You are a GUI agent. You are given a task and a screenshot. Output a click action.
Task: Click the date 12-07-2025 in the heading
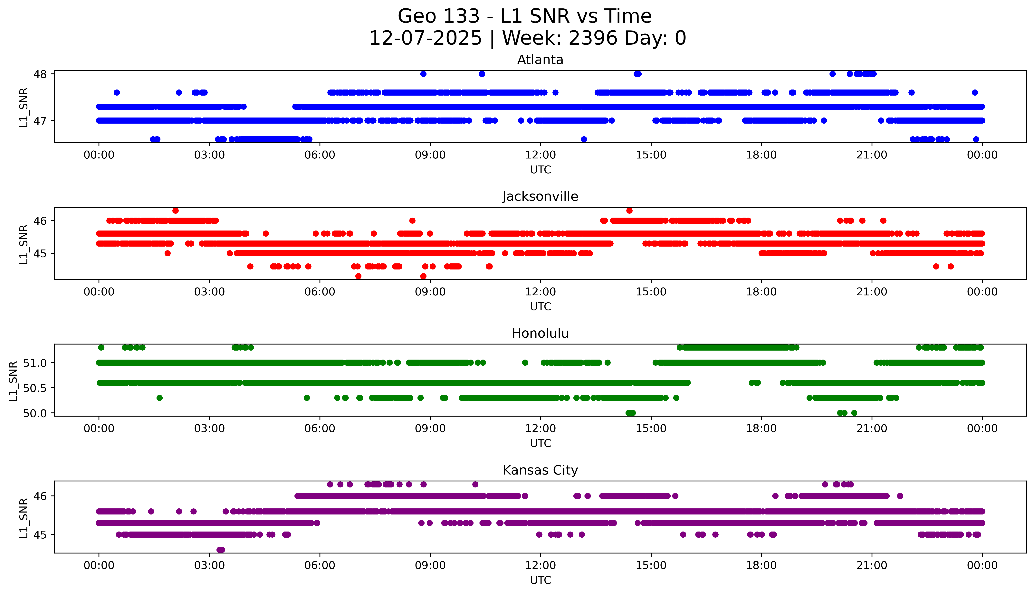(x=425, y=38)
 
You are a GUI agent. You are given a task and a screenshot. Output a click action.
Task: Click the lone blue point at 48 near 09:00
(x=423, y=74)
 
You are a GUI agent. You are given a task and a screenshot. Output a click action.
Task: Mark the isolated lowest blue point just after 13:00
(x=584, y=139)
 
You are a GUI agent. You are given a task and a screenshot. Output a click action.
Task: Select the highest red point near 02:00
(x=176, y=211)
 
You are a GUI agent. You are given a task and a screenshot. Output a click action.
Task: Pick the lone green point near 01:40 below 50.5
(x=159, y=398)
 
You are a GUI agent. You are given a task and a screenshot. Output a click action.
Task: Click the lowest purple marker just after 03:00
(x=220, y=550)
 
